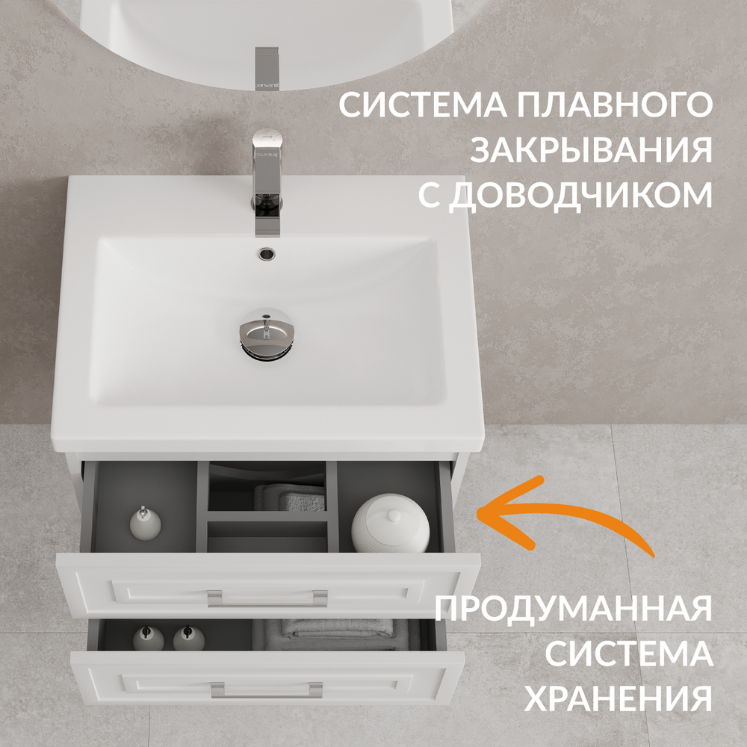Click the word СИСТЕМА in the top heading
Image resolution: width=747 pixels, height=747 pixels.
tap(423, 105)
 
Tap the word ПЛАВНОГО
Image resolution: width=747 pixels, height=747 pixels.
tap(615, 105)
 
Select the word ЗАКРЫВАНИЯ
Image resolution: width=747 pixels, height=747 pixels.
tap(591, 149)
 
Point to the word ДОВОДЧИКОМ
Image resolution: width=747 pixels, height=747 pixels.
tap(580, 194)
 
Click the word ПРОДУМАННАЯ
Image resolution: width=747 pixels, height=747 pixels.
tap(574, 609)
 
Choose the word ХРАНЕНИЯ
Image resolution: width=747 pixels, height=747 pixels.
tap(619, 698)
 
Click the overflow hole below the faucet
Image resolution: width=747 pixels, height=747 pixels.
tap(267, 254)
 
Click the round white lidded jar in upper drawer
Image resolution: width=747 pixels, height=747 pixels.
tap(391, 523)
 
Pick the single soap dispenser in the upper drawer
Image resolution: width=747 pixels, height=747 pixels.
tap(146, 523)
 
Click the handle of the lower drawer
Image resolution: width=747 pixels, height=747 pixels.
tap(267, 689)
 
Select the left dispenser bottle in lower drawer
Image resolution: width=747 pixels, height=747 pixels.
tap(148, 639)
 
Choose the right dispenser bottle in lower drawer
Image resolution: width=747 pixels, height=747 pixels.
tap(189, 639)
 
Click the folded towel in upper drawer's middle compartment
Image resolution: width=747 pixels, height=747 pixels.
tap(290, 498)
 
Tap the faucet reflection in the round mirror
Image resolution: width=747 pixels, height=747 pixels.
tap(267, 69)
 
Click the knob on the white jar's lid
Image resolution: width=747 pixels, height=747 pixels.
tap(394, 515)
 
